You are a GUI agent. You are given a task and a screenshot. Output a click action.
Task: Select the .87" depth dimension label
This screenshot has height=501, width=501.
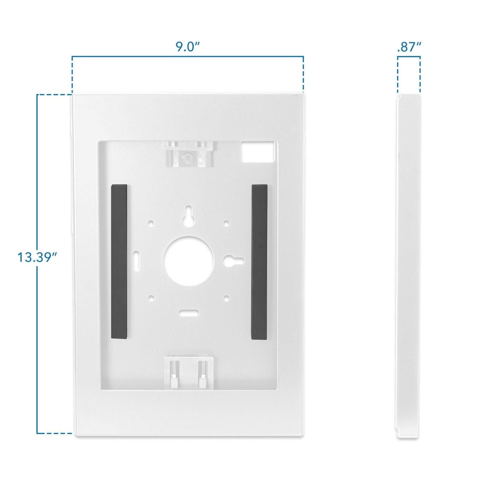408,47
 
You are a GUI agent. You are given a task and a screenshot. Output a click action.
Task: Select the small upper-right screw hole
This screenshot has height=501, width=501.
226,222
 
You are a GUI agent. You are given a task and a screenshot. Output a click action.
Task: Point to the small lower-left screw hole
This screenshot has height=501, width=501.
151,297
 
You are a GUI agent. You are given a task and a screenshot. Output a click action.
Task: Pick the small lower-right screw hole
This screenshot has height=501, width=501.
226,297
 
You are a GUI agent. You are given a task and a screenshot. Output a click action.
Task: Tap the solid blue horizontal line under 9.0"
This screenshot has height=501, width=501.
188,56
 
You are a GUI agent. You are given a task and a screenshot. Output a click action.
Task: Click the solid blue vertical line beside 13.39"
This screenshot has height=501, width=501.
37,314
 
